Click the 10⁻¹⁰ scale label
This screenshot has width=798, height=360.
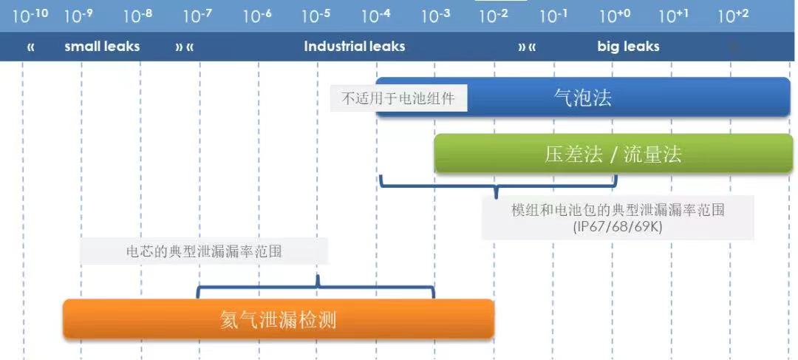pyautogui.click(x=30, y=16)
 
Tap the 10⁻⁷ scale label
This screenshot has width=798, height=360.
pyautogui.click(x=197, y=16)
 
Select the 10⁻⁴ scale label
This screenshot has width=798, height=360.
pyautogui.click(x=376, y=16)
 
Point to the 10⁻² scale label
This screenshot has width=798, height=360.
pyautogui.click(x=494, y=16)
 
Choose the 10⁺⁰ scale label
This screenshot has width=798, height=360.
pyautogui.click(x=615, y=16)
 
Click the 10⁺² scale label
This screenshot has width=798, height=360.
pyautogui.click(x=734, y=16)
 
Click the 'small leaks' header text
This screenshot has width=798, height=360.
pyautogui.click(x=102, y=47)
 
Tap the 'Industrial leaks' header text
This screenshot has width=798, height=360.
pyautogui.click(x=354, y=47)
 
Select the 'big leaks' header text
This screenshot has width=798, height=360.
pyautogui.click(x=628, y=47)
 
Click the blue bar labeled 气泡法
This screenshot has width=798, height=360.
pyautogui.click(x=583, y=98)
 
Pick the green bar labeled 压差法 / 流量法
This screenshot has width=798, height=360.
pyautogui.click(x=613, y=153)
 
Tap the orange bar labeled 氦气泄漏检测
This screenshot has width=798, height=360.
pyautogui.click(x=279, y=319)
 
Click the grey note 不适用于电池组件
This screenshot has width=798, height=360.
pyautogui.click(x=398, y=98)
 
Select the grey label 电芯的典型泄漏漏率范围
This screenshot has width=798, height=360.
pyautogui.click(x=204, y=251)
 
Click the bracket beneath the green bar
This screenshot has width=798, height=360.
pyautogui.click(x=499, y=186)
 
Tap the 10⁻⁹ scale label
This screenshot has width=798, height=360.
pyautogui.click(x=79, y=16)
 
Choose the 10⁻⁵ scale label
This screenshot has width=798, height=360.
pyautogui.click(x=316, y=16)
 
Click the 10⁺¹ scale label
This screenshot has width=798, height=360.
pyautogui.click(x=674, y=16)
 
